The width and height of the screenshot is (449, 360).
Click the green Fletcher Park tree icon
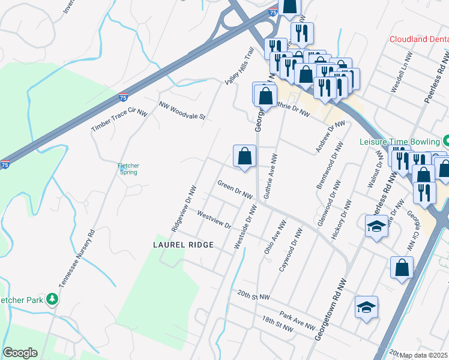(x=52, y=299)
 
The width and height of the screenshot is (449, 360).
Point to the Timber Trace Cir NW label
(x=119, y=121)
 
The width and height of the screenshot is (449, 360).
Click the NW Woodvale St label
(x=182, y=110)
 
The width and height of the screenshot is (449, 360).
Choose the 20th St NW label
(x=254, y=296)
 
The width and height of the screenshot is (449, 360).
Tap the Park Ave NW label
(x=297, y=321)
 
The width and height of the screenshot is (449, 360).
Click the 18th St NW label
(x=277, y=324)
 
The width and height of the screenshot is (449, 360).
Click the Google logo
(x=20, y=353)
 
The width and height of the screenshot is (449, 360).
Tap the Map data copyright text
(x=424, y=355)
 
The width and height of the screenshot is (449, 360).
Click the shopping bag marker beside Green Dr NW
(x=245, y=157)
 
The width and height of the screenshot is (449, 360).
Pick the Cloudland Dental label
(x=419, y=39)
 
